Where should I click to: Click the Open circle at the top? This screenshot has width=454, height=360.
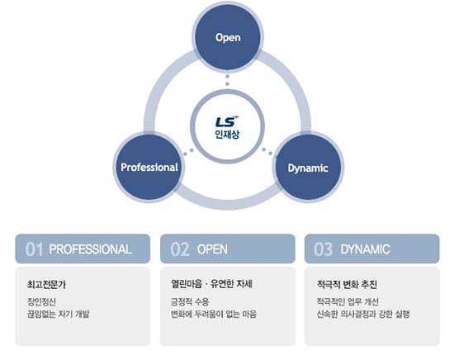(228, 37)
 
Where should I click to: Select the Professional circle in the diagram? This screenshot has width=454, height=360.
(149, 167)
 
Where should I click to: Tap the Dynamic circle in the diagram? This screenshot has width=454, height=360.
(308, 167)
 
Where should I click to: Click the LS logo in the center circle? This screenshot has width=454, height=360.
(227, 121)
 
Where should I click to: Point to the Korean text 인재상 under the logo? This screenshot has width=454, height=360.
(227, 134)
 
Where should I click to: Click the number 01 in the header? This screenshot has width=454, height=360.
(34, 249)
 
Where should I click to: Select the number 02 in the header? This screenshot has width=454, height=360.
(179, 249)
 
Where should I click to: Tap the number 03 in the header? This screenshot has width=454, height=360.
(323, 249)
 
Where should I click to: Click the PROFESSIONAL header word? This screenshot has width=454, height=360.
(90, 249)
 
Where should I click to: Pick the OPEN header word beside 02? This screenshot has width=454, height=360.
(212, 249)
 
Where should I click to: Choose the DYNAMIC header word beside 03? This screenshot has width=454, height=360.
(365, 249)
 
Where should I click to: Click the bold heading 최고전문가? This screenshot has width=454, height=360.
(46, 284)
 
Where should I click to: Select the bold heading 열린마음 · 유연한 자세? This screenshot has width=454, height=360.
(211, 284)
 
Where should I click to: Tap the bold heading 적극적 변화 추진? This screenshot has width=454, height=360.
(347, 284)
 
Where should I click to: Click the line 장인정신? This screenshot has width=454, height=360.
(41, 301)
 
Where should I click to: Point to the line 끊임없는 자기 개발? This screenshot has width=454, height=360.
(59, 314)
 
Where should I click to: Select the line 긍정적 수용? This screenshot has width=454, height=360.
(190, 301)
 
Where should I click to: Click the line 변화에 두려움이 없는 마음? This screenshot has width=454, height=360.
(214, 314)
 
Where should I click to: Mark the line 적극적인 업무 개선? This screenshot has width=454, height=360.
(348, 301)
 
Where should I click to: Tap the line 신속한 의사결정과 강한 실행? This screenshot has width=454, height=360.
(363, 314)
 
